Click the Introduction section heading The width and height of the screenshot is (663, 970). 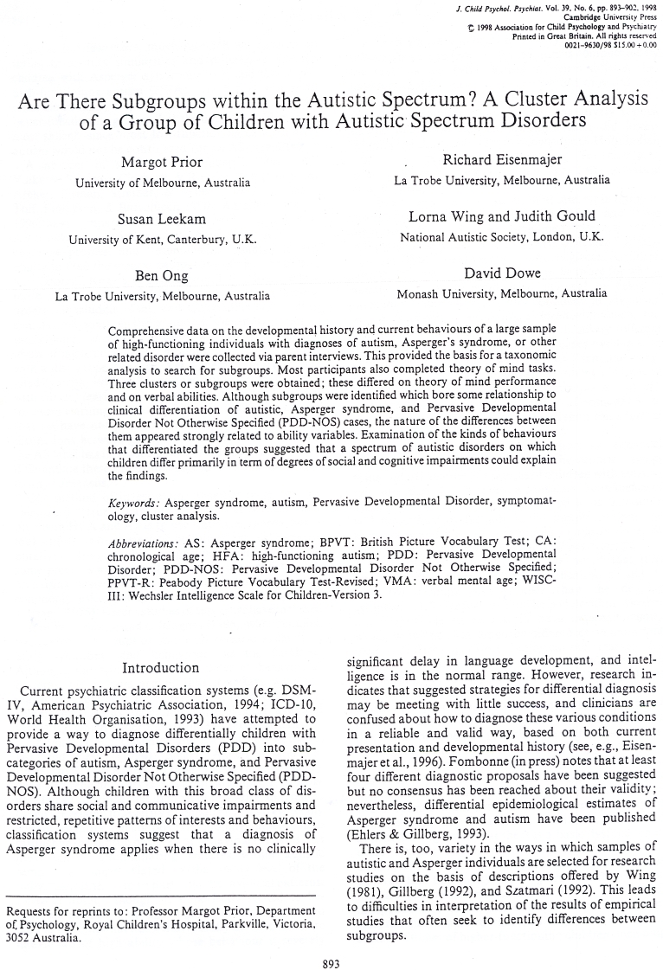tap(161, 667)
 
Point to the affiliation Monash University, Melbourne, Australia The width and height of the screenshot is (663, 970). tap(501, 293)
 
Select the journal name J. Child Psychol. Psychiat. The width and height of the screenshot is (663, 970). tap(505, 9)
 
